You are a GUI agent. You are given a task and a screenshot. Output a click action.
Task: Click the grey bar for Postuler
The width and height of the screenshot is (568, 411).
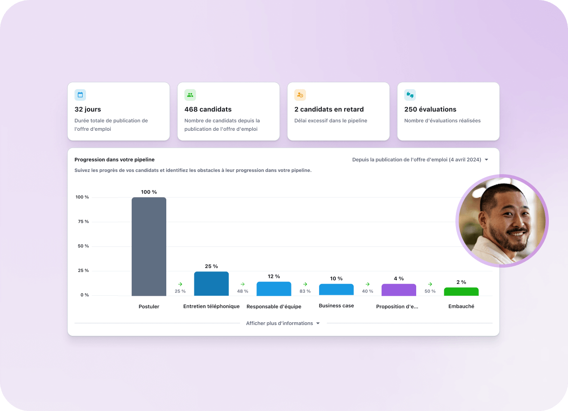(x=149, y=246)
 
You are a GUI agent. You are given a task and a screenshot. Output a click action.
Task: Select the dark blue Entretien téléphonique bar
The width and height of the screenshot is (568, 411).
(x=211, y=283)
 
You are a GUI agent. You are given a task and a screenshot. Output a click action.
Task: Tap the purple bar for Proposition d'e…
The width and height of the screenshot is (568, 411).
(x=398, y=290)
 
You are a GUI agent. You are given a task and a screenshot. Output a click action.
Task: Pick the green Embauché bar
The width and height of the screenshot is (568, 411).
(x=461, y=291)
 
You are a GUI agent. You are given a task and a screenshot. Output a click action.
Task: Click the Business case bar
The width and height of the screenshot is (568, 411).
(x=336, y=290)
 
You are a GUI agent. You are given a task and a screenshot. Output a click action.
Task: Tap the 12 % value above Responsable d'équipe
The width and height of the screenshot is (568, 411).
(x=274, y=276)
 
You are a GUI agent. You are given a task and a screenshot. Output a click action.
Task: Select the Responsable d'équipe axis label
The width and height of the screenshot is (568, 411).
(x=274, y=306)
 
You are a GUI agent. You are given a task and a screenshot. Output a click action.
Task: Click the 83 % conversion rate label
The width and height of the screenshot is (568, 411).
(x=305, y=291)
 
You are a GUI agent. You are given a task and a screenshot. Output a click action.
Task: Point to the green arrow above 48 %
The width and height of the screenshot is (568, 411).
(x=242, y=284)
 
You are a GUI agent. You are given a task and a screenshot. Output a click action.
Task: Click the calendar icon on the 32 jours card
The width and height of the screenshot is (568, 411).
(x=80, y=95)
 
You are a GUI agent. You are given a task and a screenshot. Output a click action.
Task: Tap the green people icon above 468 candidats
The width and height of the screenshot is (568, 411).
(x=190, y=95)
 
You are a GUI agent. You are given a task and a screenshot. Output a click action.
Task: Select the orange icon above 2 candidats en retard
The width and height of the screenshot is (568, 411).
(x=300, y=95)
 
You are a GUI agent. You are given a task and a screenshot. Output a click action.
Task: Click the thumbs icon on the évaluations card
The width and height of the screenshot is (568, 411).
(x=410, y=95)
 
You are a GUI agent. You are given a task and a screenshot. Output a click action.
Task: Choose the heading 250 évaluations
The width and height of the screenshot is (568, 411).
(x=430, y=109)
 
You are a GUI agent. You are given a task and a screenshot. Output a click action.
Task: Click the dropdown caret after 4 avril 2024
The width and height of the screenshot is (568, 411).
(x=486, y=160)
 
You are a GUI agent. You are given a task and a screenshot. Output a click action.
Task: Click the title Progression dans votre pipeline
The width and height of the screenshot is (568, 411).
(x=114, y=160)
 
